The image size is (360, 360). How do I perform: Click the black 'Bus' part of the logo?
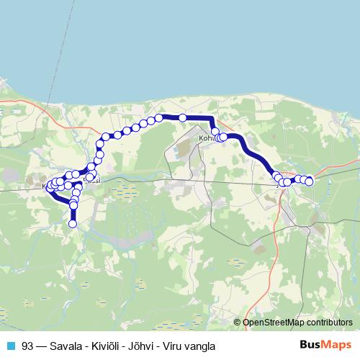tap(311, 345)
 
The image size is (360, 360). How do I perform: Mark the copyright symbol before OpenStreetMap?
tap(238, 323)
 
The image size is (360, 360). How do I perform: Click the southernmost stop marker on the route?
tap(73, 224)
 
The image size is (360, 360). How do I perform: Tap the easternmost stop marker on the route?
tap(310, 181)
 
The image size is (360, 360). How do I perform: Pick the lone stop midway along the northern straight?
tap(183, 117)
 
